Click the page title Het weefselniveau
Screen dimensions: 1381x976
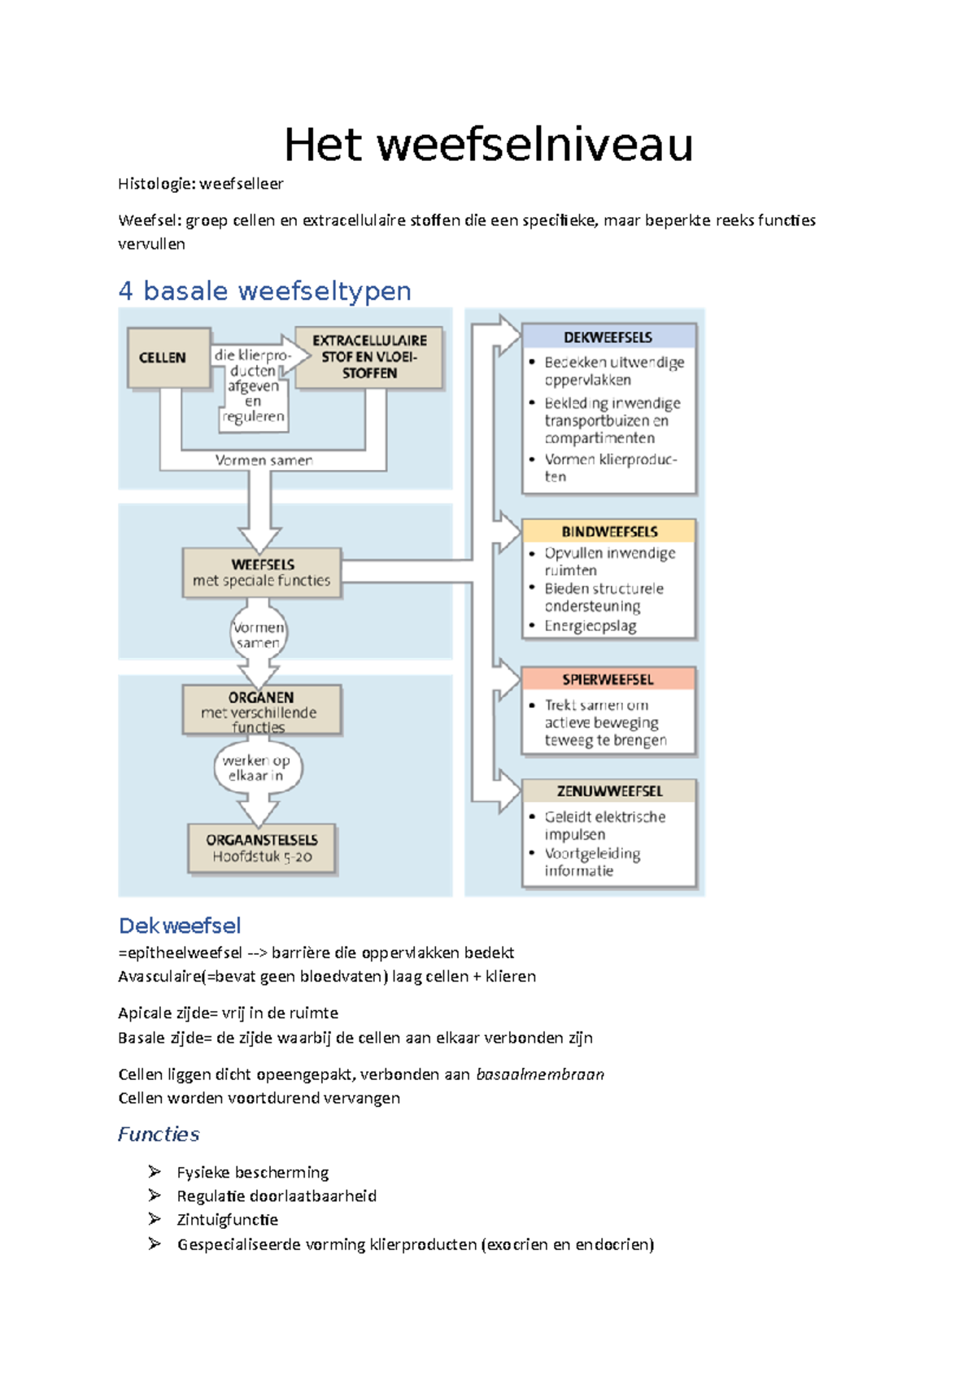click(488, 146)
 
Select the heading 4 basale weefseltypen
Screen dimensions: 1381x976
click(264, 290)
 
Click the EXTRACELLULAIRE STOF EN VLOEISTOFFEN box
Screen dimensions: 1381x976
click(369, 357)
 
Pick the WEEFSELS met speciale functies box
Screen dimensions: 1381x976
click(262, 573)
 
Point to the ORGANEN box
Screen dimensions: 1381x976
click(261, 709)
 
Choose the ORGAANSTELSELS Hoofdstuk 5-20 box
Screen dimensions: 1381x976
click(262, 848)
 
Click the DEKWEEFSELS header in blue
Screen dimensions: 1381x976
click(608, 337)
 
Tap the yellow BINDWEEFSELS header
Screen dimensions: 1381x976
click(609, 531)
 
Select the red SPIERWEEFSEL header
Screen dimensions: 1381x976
click(608, 679)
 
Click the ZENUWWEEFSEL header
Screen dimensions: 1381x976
click(609, 791)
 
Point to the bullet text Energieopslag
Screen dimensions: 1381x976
click(590, 625)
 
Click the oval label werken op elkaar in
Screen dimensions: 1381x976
click(257, 768)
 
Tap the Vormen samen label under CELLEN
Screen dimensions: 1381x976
click(264, 460)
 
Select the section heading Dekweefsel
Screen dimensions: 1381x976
click(180, 926)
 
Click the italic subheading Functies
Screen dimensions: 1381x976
click(159, 1134)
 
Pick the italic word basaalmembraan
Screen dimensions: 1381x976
click(540, 1074)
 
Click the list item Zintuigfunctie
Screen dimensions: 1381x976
click(228, 1219)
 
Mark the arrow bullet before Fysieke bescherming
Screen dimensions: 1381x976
click(155, 1171)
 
